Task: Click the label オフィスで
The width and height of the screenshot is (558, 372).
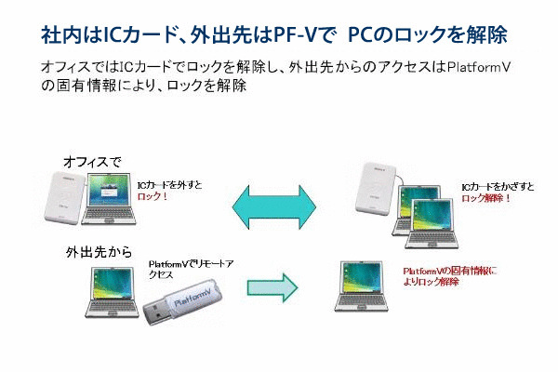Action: point(92,162)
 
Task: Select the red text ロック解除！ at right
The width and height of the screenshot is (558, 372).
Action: point(486,198)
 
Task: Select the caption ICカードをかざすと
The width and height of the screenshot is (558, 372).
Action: point(498,187)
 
